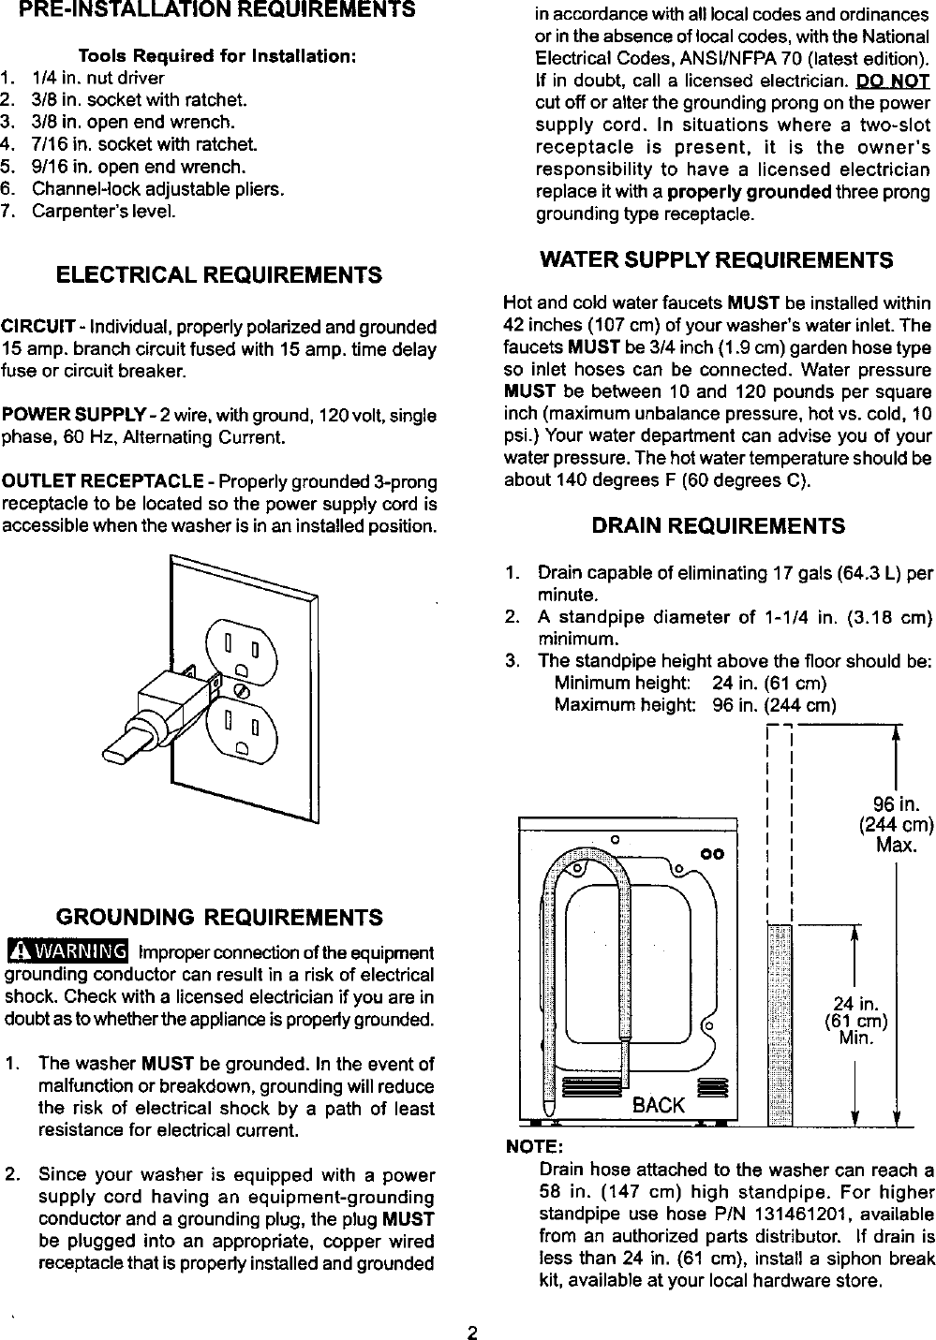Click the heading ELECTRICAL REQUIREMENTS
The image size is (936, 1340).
(x=219, y=275)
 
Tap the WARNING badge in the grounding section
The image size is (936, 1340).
(x=67, y=952)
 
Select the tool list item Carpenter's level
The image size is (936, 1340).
(x=103, y=211)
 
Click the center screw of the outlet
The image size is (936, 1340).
(x=240, y=690)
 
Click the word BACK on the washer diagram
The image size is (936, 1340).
(x=658, y=1105)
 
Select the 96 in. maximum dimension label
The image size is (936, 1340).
(x=897, y=824)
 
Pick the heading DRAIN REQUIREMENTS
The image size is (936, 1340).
(x=718, y=526)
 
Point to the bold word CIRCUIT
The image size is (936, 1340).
(x=38, y=327)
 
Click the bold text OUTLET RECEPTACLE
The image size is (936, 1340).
(x=103, y=481)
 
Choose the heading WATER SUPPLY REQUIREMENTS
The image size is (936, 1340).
(x=718, y=259)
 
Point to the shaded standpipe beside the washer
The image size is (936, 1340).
(x=780, y=1025)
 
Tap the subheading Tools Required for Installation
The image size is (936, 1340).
(x=216, y=56)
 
